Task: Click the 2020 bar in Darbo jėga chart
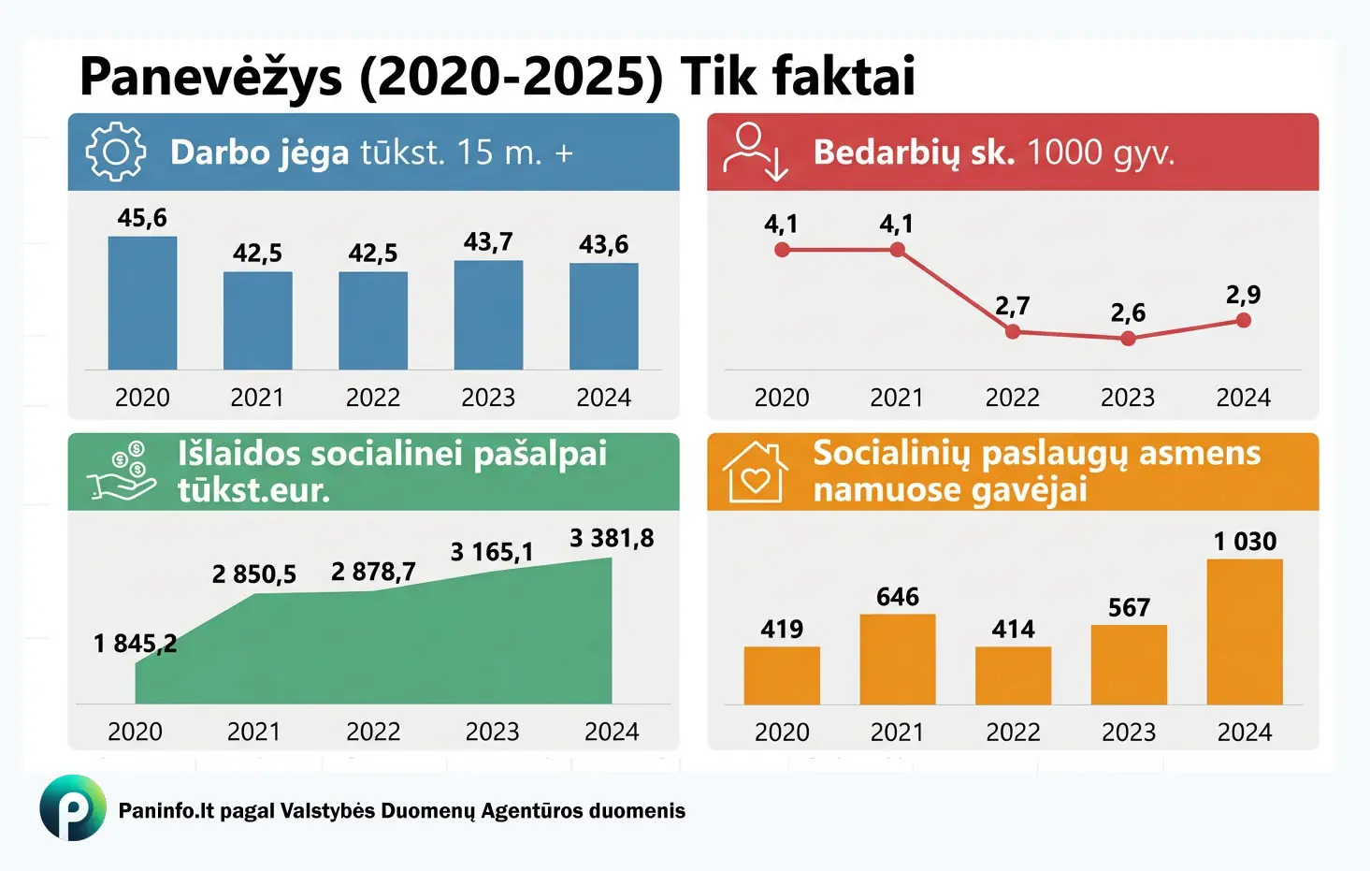click(142, 303)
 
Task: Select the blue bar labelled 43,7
click(488, 315)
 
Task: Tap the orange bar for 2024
click(1244, 631)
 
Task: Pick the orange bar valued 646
click(897, 659)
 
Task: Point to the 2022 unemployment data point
click(1013, 331)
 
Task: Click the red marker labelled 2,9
click(1243, 320)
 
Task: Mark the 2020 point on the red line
click(782, 250)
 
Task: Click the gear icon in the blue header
click(116, 152)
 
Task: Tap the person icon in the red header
click(755, 152)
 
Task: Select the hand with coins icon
click(122, 472)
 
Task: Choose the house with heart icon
click(755, 472)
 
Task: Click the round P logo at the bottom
click(73, 807)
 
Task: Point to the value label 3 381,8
click(612, 538)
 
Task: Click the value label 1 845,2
click(135, 644)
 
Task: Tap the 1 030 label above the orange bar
click(1244, 542)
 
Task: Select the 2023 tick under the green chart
click(492, 732)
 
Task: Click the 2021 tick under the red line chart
click(897, 398)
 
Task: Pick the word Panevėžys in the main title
click(211, 77)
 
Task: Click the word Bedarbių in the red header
click(887, 152)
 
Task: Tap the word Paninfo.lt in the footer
click(166, 810)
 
